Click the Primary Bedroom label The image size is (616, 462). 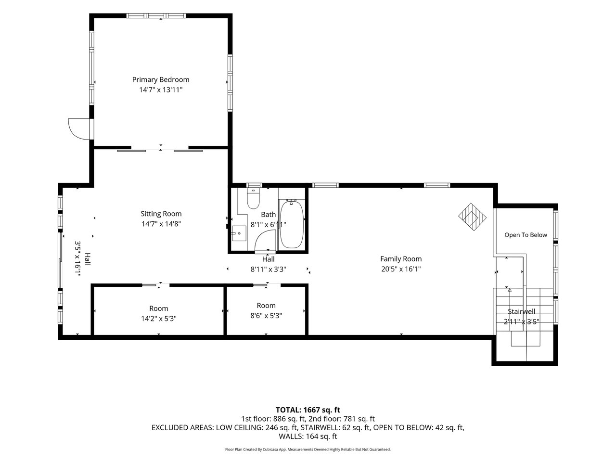pos(161,80)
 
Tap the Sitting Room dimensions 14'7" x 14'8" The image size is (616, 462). pos(161,224)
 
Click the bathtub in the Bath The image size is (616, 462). pos(292,224)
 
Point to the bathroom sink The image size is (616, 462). pos(239,233)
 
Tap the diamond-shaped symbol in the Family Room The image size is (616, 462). pos(472,217)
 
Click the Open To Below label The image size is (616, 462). pos(526,235)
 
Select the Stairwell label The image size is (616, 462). pos(521,311)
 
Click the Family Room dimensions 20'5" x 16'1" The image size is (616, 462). pos(401,269)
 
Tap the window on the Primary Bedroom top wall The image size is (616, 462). pos(156,16)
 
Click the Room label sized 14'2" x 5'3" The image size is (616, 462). pos(158,308)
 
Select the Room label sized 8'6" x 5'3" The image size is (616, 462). pos(266,306)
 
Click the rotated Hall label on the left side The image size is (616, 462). pos(88,259)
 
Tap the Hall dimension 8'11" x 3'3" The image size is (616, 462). pos(268,269)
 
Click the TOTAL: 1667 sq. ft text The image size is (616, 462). pos(308,410)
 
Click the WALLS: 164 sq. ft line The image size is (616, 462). pos(308,436)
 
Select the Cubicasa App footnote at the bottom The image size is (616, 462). pos(308,449)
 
